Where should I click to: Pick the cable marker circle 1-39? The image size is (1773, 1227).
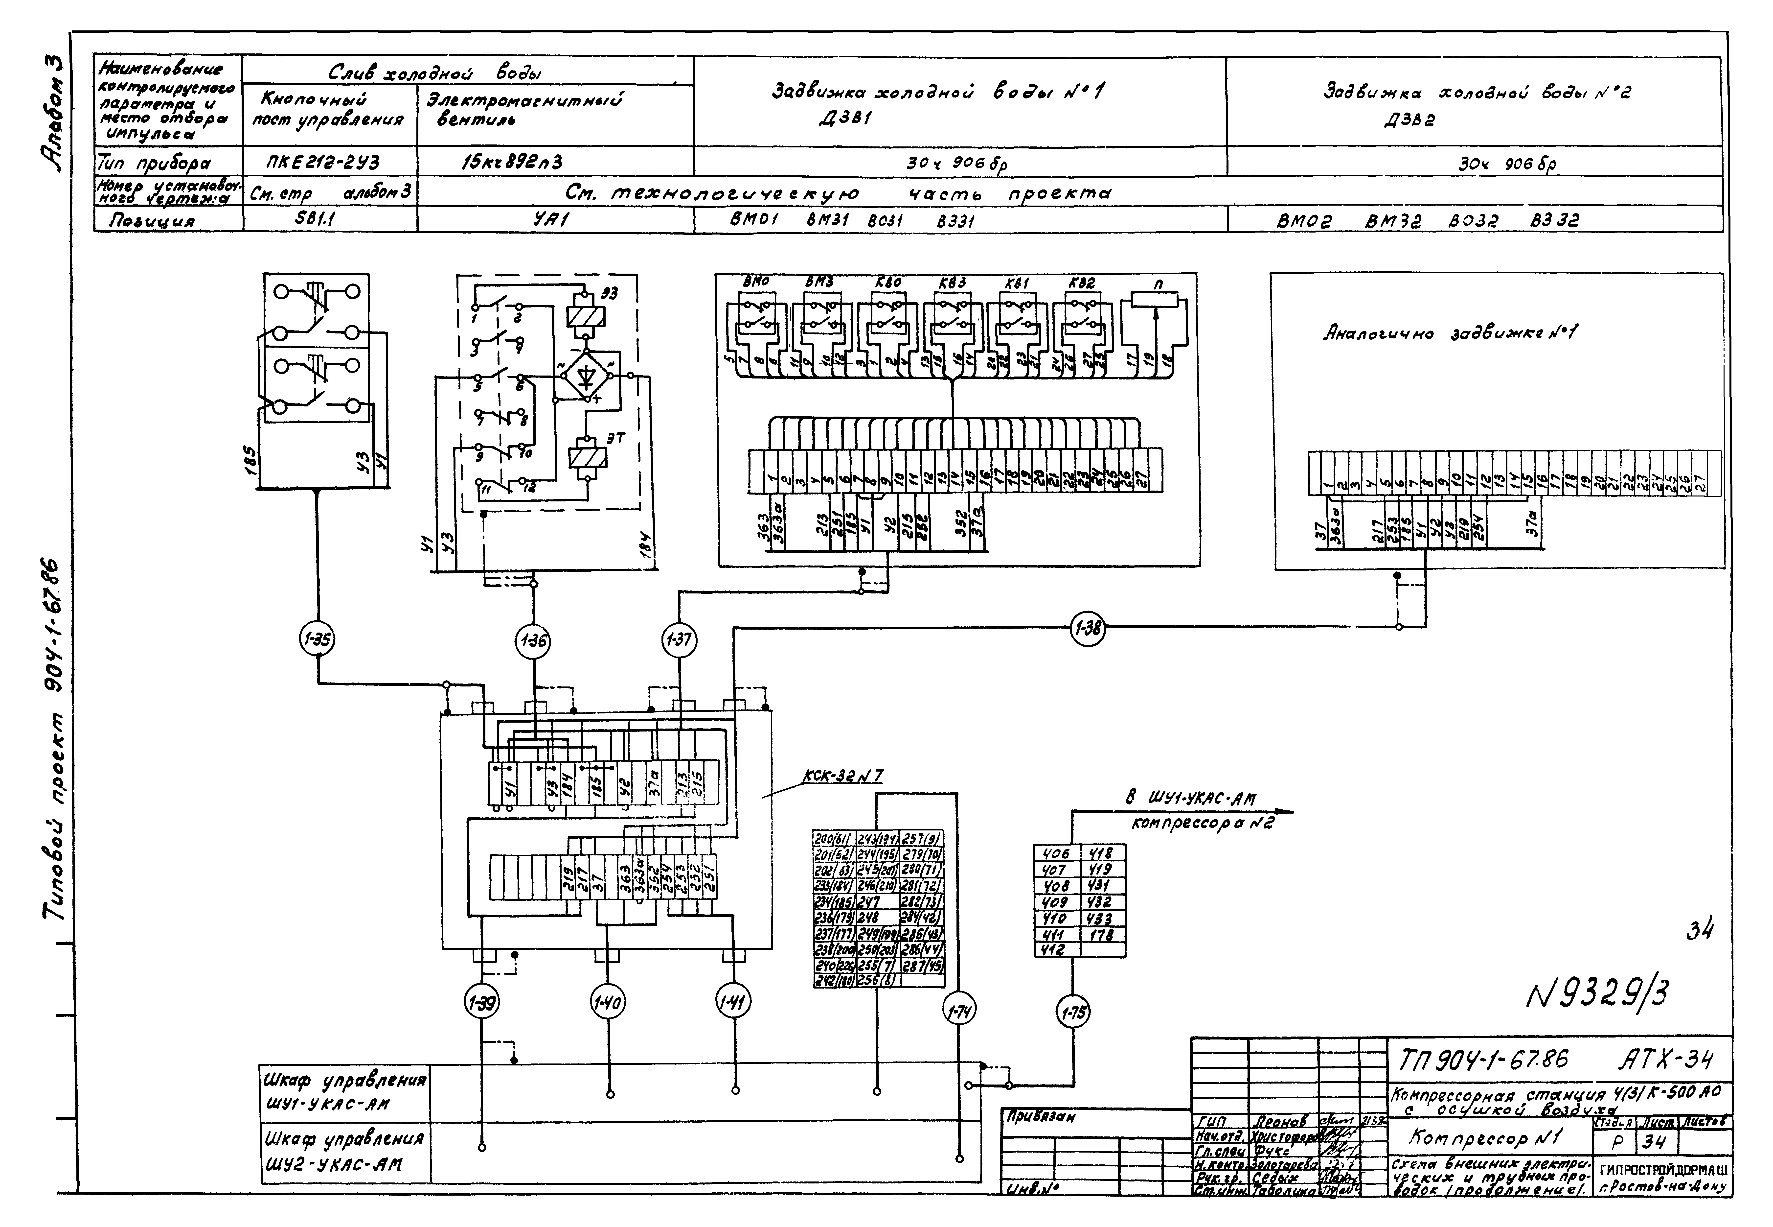pyautogui.click(x=482, y=1002)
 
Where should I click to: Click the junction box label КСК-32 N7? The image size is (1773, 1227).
pyautogui.click(x=842, y=777)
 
